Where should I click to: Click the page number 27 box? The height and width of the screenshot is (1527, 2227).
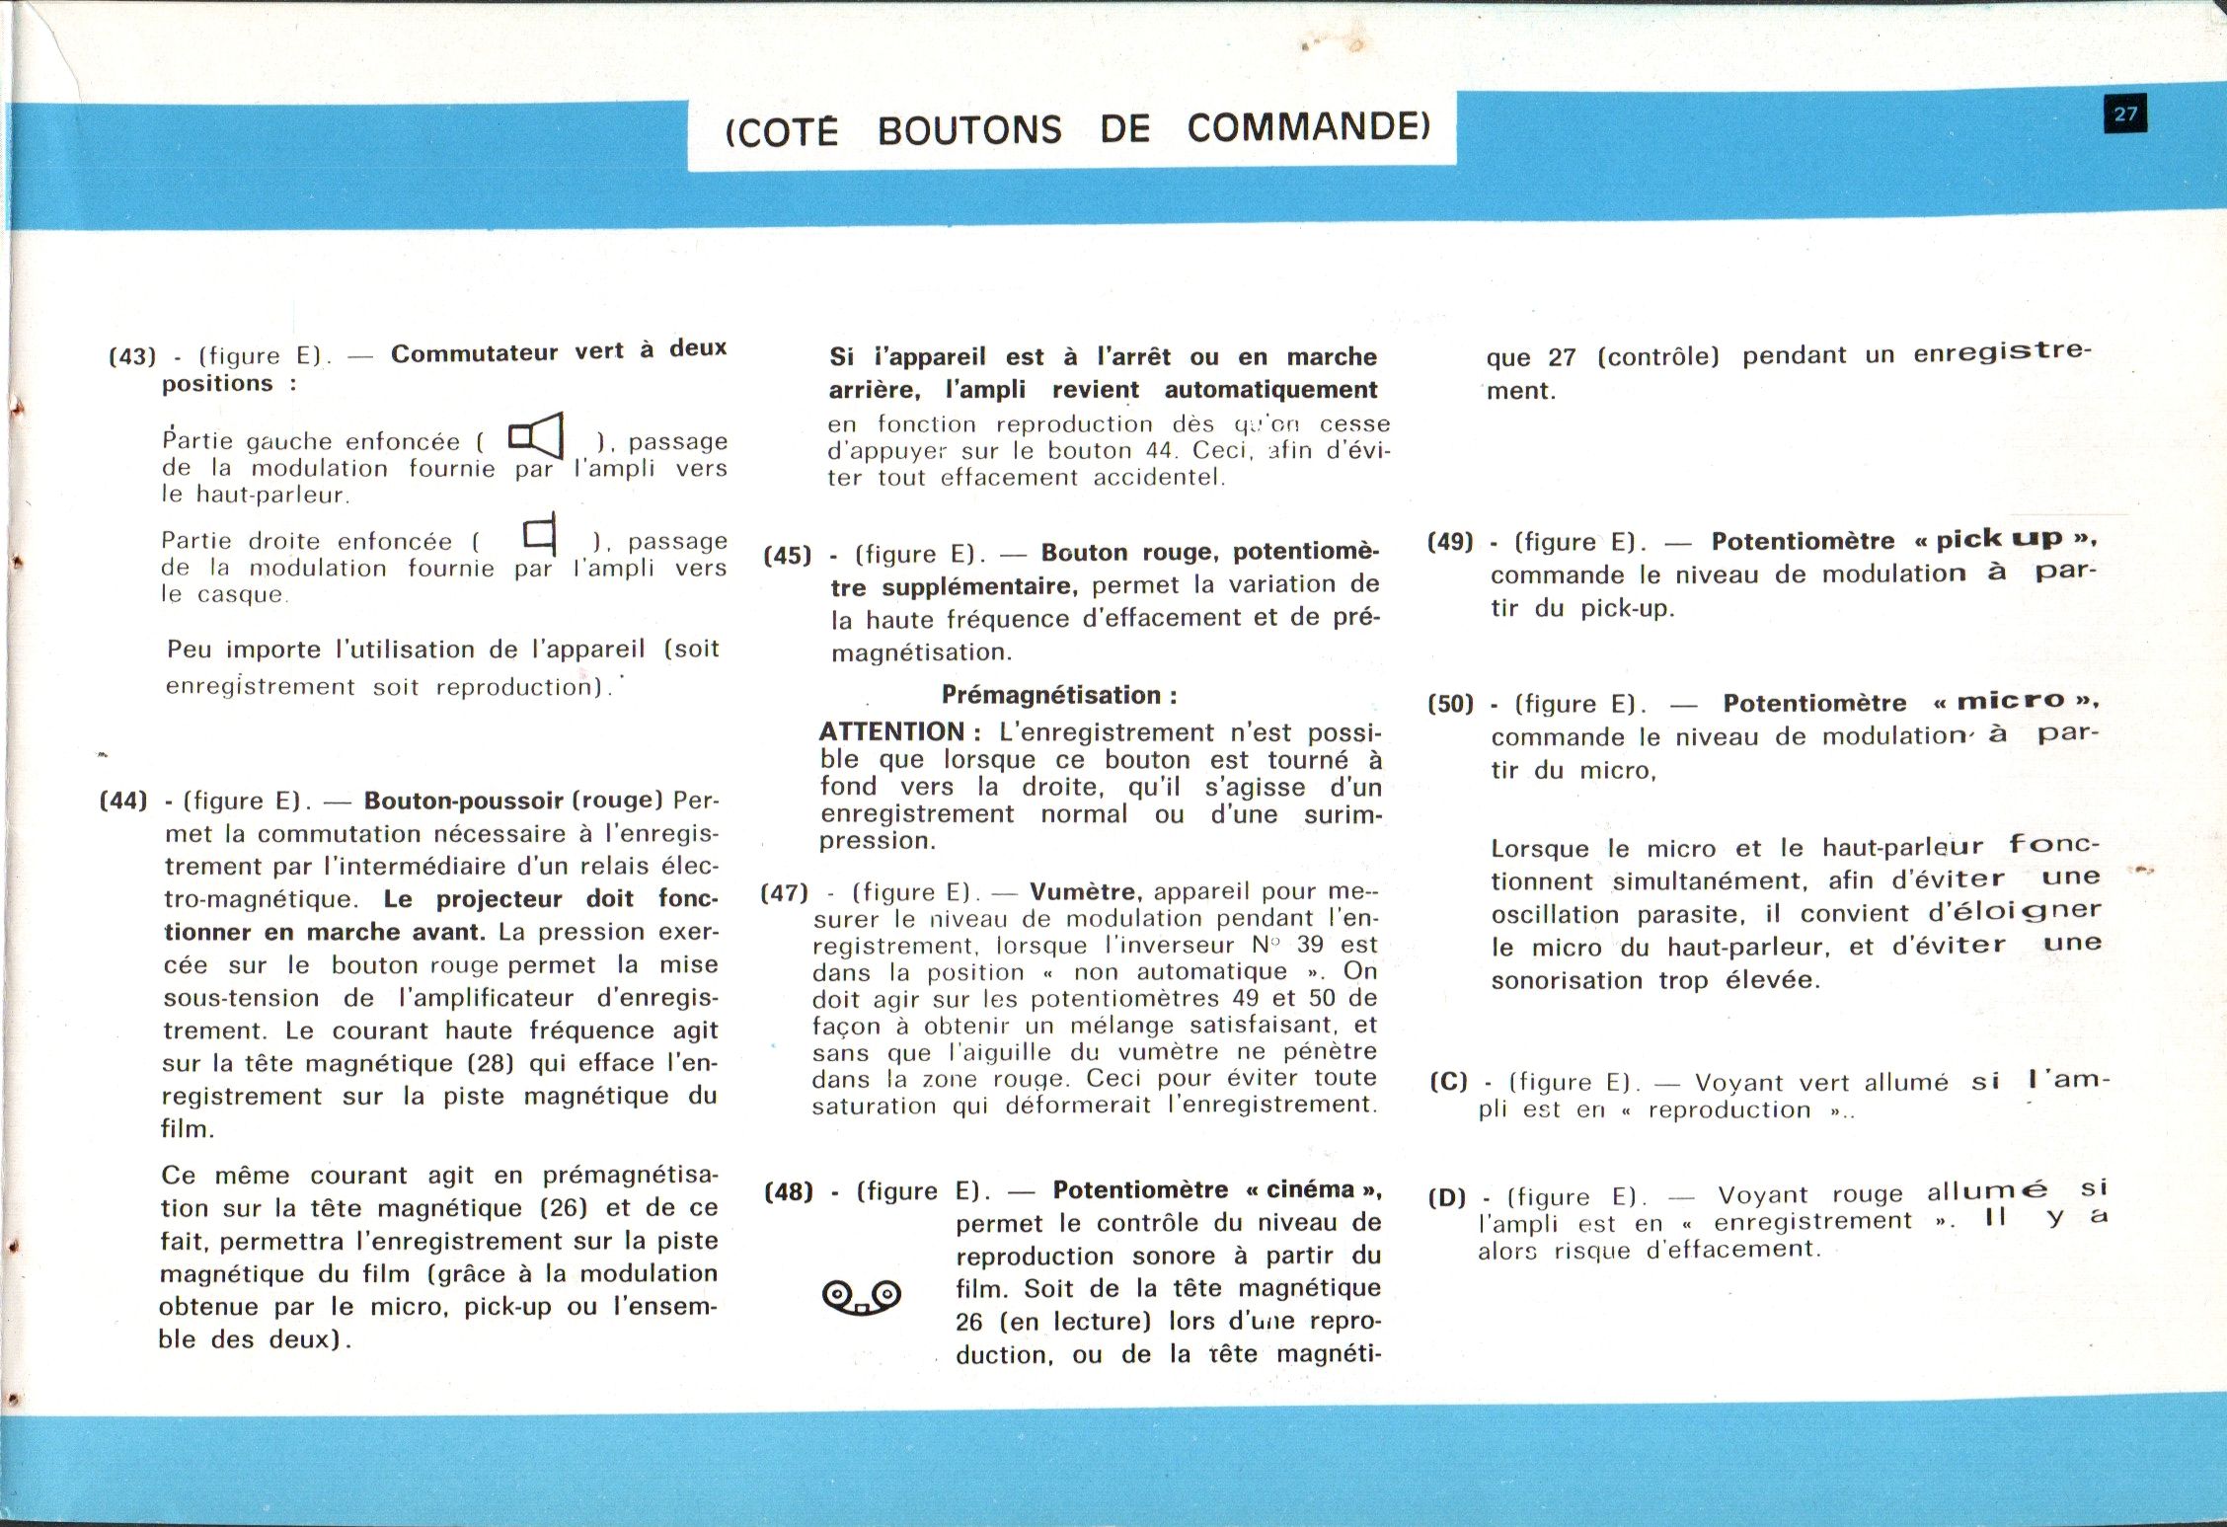pyautogui.click(x=2124, y=114)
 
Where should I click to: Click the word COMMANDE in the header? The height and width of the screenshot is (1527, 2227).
pyautogui.click(x=1308, y=127)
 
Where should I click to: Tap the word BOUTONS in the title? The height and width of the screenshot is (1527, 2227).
pyautogui.click(x=969, y=130)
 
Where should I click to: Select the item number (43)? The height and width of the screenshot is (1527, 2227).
pyautogui.click(x=132, y=356)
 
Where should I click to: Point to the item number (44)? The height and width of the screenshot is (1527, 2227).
pyautogui.click(x=123, y=801)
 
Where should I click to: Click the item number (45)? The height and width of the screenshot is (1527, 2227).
pyautogui.click(x=788, y=556)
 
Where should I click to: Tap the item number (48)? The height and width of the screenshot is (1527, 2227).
pyautogui.click(x=789, y=1192)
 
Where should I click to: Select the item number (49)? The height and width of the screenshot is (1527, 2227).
pyautogui.click(x=1450, y=542)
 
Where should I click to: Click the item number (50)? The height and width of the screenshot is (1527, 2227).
pyautogui.click(x=1450, y=705)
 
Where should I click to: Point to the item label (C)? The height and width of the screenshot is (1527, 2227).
pyautogui.click(x=1448, y=1082)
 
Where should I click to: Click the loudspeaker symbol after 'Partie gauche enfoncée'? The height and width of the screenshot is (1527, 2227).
pyautogui.click(x=536, y=435)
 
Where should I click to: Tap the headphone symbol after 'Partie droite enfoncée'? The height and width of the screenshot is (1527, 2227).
pyautogui.click(x=541, y=534)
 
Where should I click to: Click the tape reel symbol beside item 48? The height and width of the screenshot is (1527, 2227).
pyautogui.click(x=861, y=1297)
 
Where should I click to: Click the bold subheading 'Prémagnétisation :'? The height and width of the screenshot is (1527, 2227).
pyautogui.click(x=1058, y=696)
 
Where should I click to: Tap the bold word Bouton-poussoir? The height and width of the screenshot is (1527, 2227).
pyautogui.click(x=464, y=801)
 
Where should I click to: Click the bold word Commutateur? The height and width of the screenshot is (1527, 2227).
pyautogui.click(x=475, y=353)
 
